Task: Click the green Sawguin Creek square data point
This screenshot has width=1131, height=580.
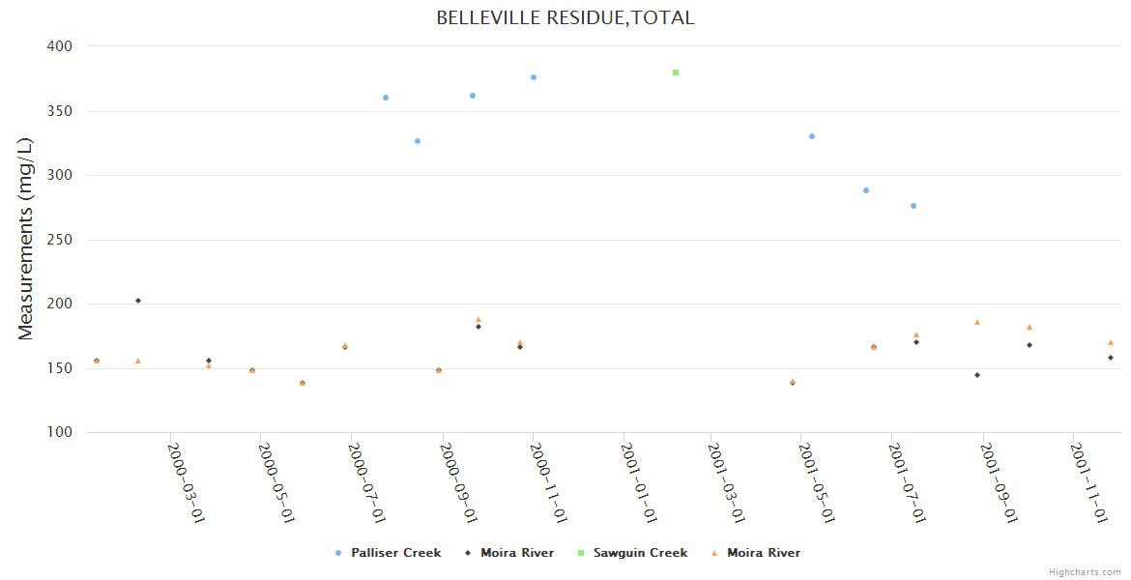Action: [x=676, y=72]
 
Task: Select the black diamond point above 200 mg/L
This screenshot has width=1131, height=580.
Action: [x=138, y=301]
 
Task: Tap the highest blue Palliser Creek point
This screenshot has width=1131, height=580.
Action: [x=534, y=77]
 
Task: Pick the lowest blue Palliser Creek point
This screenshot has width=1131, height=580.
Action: [x=913, y=206]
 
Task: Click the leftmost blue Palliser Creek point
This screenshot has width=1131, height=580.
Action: [x=386, y=98]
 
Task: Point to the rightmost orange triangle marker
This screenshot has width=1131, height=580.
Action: [x=1111, y=342]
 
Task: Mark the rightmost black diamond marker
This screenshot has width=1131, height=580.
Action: [x=1111, y=358]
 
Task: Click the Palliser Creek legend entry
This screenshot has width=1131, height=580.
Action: [x=395, y=553]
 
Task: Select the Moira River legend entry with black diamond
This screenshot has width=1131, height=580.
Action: [x=517, y=553]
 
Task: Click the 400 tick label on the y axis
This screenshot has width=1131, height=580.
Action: [x=61, y=46]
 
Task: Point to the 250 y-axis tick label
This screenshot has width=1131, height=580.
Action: [x=61, y=240]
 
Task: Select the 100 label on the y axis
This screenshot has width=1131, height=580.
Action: [x=61, y=432]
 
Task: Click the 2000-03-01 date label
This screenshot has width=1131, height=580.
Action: [x=187, y=482]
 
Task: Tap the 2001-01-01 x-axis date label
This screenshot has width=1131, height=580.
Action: [x=640, y=482]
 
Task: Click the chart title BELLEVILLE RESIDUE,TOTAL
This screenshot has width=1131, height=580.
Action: [x=565, y=18]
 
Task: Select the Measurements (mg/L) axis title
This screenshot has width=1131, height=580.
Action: [x=26, y=239]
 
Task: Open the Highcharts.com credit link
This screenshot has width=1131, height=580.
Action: [x=1085, y=572]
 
